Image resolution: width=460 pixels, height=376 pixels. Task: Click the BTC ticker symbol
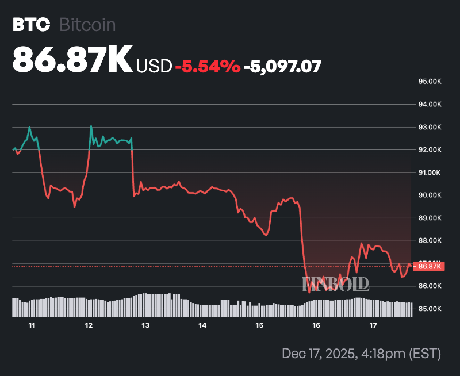pos(32,25)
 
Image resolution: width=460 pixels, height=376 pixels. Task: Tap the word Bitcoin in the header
pos(88,25)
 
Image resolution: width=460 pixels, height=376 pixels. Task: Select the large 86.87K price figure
pos(72,59)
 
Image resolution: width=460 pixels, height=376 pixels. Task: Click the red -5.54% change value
pos(207,66)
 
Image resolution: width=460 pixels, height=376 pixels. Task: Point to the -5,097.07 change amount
pos(282,66)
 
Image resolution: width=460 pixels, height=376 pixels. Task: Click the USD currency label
pos(154,66)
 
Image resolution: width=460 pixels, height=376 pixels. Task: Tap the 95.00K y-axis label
pos(430,82)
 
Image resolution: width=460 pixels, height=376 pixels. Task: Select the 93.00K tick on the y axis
pos(430,127)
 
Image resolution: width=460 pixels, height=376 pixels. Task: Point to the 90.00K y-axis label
pos(430,195)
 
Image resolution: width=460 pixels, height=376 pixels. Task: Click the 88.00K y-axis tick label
pos(430,241)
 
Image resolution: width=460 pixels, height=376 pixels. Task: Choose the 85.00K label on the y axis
pos(430,309)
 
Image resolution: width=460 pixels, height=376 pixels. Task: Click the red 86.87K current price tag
pos(430,266)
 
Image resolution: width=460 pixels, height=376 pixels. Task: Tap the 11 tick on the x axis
pos(32,325)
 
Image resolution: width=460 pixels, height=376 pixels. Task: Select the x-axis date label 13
pos(145,325)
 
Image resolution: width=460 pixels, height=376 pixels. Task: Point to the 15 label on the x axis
pos(259,325)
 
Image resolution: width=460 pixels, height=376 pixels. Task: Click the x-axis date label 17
pos(373,325)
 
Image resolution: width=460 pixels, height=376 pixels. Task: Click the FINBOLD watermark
pos(336,283)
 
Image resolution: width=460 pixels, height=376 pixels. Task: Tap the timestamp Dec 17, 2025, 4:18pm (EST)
pos(361,353)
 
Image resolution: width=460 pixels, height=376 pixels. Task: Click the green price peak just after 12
pos(91,126)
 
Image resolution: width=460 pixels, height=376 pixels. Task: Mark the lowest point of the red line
pos(309,292)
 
